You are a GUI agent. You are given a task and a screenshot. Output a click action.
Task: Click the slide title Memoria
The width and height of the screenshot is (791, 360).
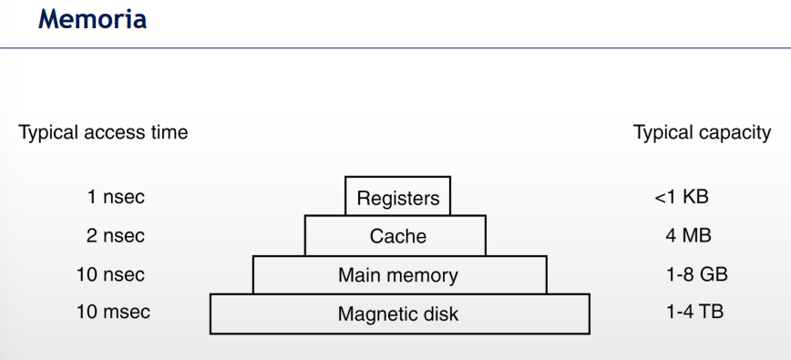coord(92,20)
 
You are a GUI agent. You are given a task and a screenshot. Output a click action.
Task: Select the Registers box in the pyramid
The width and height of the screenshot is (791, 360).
coord(398,197)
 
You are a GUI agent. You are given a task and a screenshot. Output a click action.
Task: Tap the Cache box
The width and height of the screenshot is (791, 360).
coord(398,236)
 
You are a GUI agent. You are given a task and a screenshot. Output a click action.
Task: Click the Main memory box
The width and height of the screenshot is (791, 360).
coord(399,274)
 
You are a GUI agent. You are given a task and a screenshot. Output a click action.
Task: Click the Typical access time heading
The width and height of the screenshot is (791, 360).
coord(103,133)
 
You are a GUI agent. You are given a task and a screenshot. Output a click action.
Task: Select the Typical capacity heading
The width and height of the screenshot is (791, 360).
coord(702,133)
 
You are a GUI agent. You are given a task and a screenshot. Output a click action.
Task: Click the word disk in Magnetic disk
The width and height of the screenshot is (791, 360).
coord(441,315)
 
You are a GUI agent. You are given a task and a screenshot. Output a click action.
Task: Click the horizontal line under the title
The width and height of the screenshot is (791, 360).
coord(395,47)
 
